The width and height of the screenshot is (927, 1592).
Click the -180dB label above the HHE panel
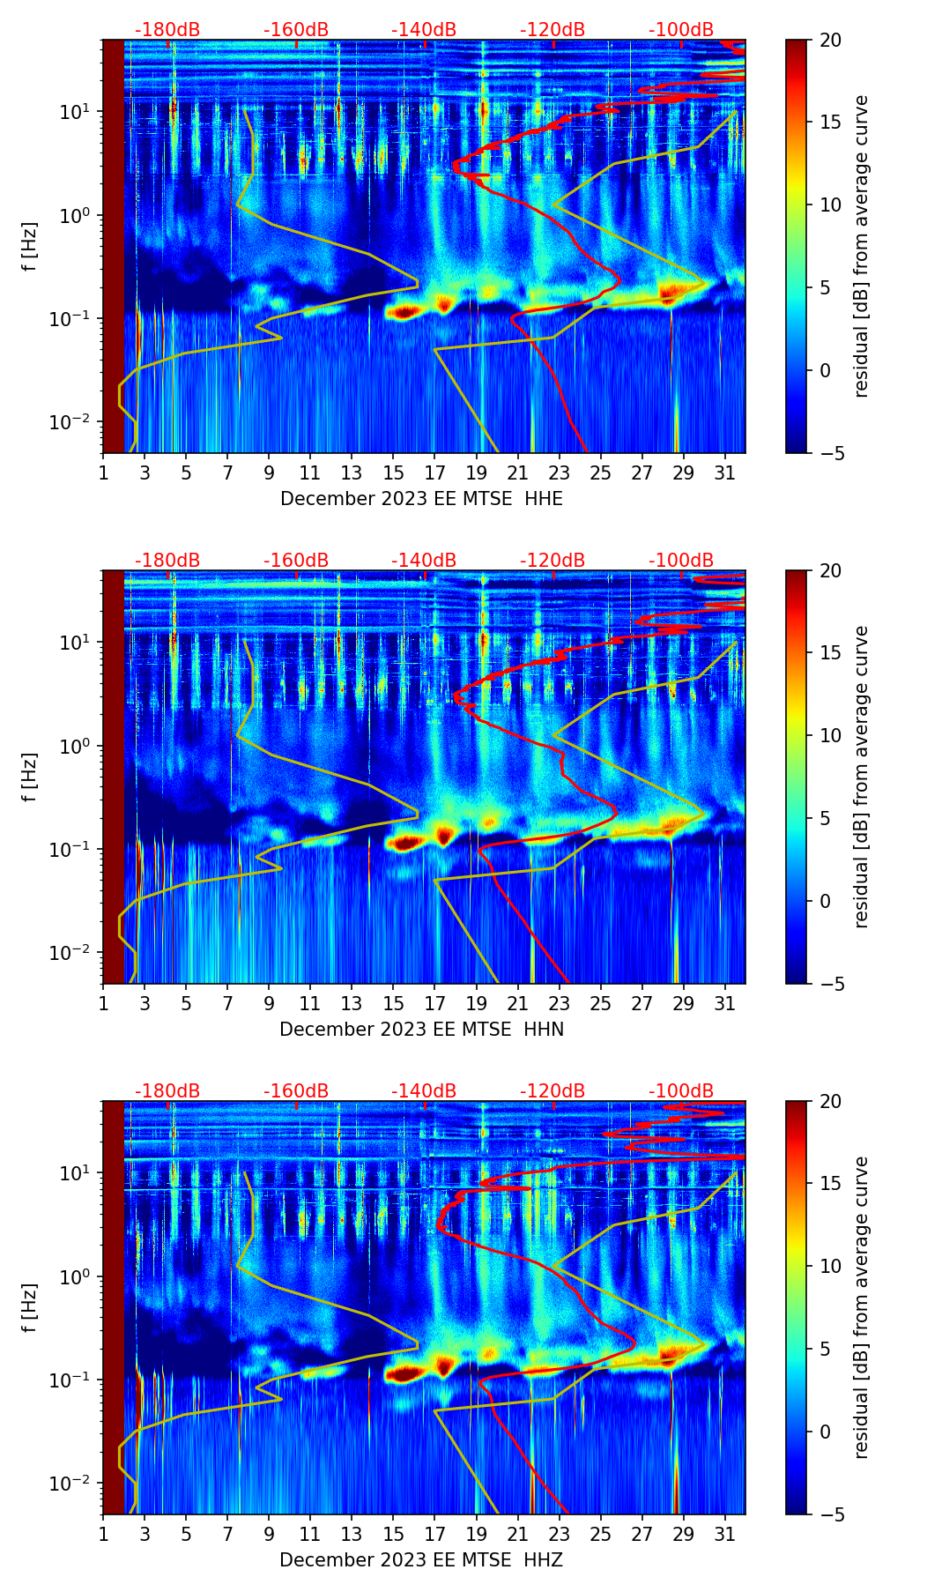click(x=167, y=30)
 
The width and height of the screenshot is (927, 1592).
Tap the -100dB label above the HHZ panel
click(x=681, y=1091)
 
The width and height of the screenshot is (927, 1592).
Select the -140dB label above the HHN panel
click(x=424, y=561)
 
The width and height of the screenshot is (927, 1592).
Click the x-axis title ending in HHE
click(x=421, y=499)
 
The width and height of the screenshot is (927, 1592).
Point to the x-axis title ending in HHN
click(x=421, y=1030)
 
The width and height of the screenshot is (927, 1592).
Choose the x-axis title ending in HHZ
click(x=420, y=1560)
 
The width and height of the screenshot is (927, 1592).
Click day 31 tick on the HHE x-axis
click(x=725, y=472)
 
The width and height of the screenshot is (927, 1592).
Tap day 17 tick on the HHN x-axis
click(x=435, y=1003)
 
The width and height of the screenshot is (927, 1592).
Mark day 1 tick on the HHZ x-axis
click(x=104, y=1534)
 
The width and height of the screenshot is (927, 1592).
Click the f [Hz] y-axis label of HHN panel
click(x=29, y=777)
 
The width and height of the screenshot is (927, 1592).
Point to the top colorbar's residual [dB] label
click(x=861, y=246)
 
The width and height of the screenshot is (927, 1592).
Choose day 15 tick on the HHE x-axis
click(x=394, y=472)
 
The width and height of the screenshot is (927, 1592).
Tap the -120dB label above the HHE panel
click(x=552, y=30)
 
